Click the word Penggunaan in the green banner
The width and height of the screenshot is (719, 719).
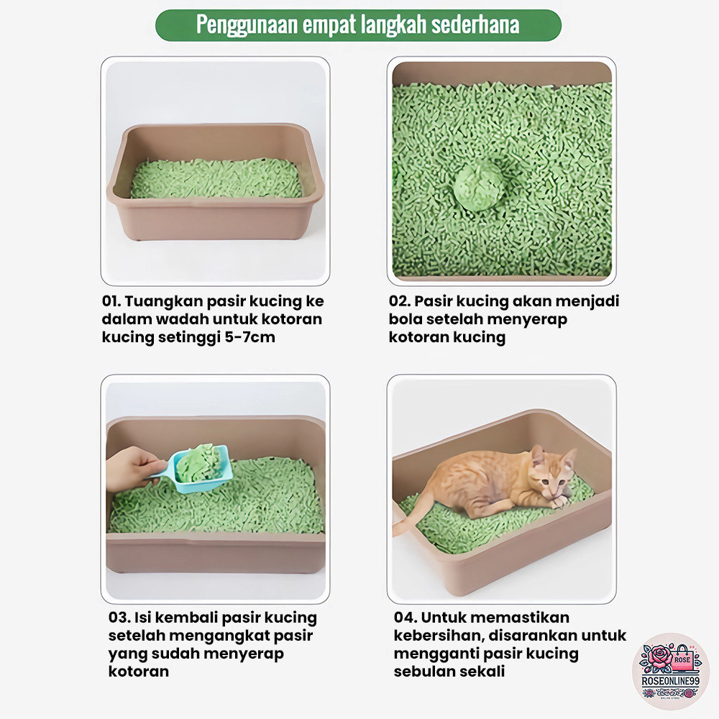[x=247, y=24]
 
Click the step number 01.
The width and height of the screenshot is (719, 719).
[x=111, y=301]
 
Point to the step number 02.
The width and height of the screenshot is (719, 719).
[x=399, y=301]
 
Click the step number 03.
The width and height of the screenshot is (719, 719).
[x=119, y=618]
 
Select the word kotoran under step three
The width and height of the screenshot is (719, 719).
[x=139, y=672]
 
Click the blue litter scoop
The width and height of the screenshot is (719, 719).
[x=197, y=469]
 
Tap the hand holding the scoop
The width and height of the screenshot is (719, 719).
[x=131, y=468]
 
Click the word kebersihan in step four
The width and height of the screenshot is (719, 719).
[x=439, y=636]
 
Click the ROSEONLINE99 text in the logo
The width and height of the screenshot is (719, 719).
[x=670, y=681]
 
